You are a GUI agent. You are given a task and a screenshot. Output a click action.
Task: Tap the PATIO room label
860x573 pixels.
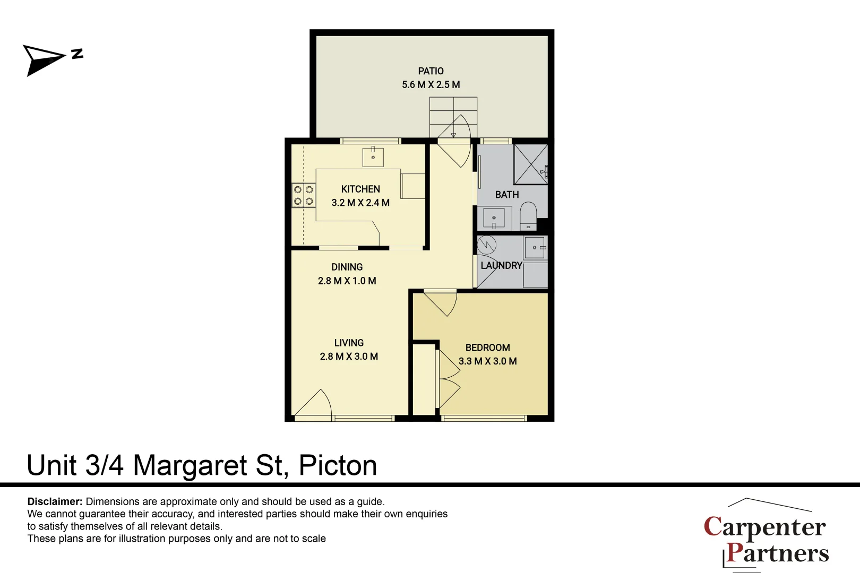(x=431, y=71)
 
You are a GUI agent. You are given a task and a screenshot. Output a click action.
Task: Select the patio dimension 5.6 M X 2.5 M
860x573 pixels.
(x=431, y=85)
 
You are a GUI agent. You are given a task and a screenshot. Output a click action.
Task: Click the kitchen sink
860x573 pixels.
(x=373, y=157)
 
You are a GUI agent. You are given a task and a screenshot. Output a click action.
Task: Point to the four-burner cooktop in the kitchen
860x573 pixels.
(x=304, y=195)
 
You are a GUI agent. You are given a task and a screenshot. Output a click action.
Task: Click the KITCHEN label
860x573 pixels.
(x=360, y=189)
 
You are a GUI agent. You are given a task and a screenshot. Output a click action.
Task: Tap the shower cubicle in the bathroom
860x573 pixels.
(x=530, y=164)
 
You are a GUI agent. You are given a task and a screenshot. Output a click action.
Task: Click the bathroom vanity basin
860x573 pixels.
(x=494, y=218)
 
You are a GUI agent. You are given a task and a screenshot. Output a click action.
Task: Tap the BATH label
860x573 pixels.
(x=507, y=195)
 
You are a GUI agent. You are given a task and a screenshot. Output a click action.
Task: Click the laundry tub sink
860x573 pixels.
(x=535, y=248)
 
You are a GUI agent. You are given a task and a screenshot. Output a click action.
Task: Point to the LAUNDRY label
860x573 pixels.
(x=501, y=266)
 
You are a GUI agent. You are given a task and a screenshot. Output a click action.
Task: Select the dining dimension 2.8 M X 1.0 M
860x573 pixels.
(x=347, y=281)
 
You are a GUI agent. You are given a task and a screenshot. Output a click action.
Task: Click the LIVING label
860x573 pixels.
(x=349, y=343)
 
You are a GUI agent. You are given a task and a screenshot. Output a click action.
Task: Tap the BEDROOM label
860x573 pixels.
(x=487, y=348)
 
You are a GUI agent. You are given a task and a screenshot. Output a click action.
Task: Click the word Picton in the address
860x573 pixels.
(x=338, y=466)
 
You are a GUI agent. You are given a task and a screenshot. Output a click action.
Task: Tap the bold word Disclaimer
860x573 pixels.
(x=55, y=502)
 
